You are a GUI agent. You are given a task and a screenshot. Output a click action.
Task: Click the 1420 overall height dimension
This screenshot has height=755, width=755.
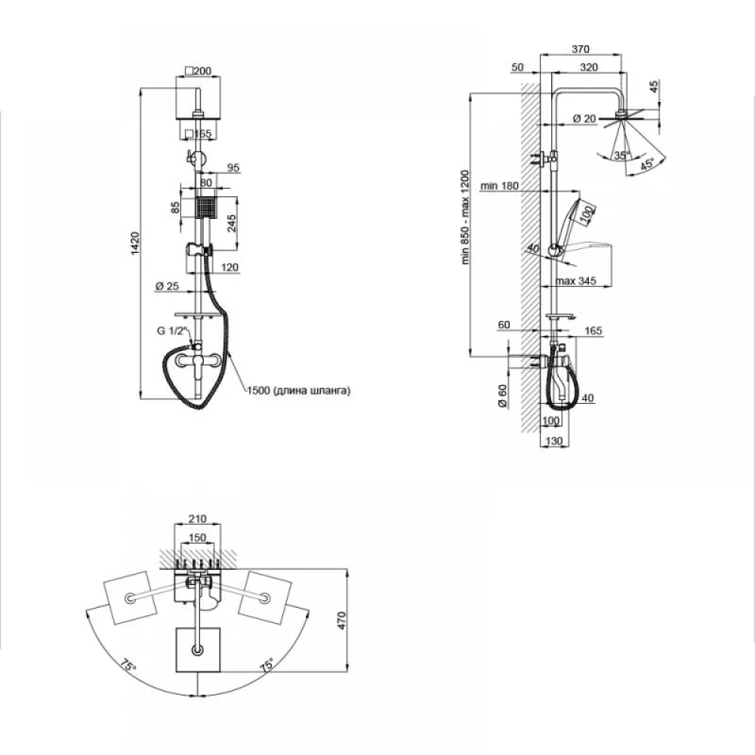[x=135, y=243]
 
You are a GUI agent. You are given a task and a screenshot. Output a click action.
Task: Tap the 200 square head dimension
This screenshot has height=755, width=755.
[x=199, y=71]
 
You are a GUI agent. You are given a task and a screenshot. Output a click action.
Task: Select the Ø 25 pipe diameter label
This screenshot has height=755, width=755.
[x=167, y=286]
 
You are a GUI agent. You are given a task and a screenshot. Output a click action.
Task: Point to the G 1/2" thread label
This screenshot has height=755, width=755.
[x=171, y=331]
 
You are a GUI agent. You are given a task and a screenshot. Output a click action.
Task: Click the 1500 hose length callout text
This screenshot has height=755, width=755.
[x=298, y=390]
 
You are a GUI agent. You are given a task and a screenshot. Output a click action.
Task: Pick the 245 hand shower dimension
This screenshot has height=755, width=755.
[x=232, y=223]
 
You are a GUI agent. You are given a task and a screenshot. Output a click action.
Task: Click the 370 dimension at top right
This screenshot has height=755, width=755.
[x=580, y=49]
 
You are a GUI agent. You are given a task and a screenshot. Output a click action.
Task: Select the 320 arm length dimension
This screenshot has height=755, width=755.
[x=589, y=67]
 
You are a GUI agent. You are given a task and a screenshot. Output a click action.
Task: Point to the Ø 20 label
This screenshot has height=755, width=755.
[x=584, y=119]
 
